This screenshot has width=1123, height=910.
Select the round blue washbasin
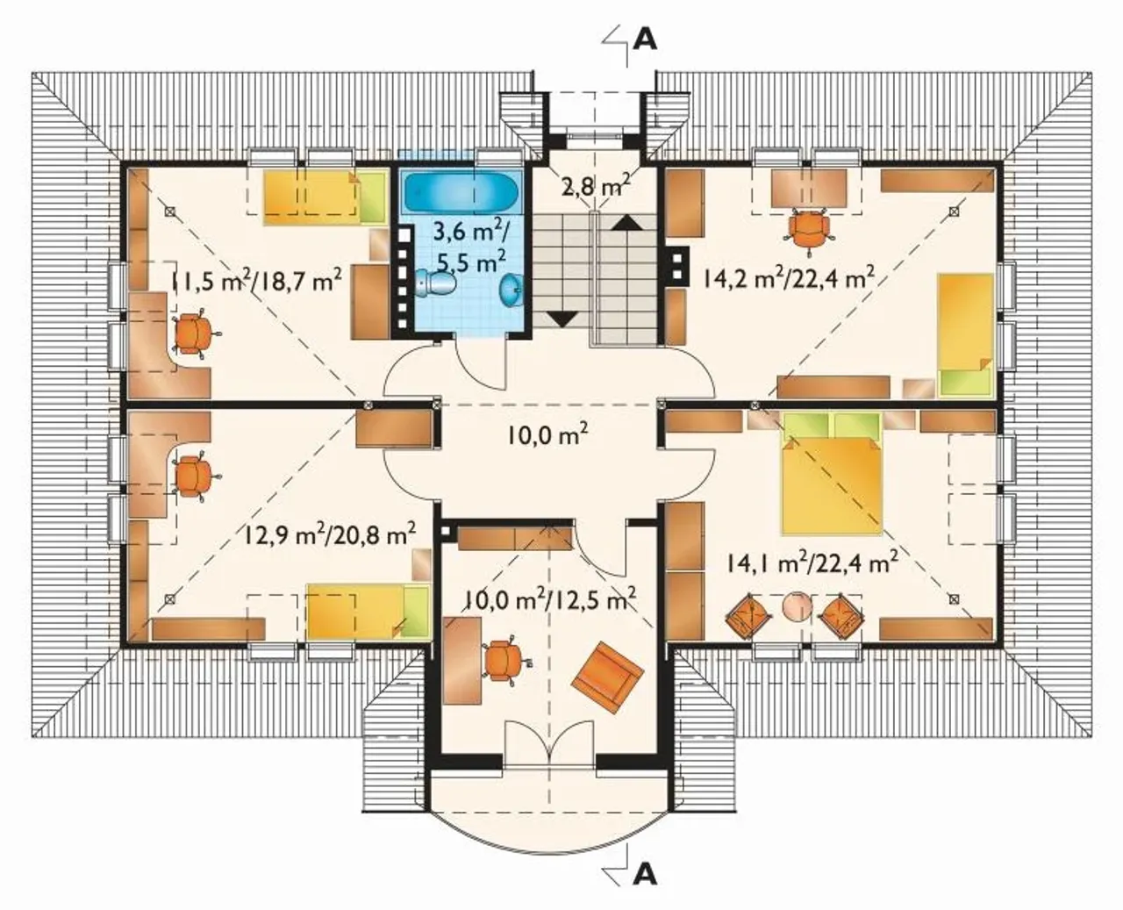(511, 290)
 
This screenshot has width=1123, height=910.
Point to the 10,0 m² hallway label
(547, 435)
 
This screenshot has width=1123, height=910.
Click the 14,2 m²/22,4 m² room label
(785, 276)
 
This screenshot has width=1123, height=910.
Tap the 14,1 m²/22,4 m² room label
(812, 564)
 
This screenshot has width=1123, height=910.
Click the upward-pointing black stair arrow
(626, 223)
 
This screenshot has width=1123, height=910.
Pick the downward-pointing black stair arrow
(562, 319)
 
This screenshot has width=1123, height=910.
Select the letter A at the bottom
(645, 875)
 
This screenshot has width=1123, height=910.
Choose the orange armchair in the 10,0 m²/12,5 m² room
(607, 677)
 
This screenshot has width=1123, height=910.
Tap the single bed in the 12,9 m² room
(368, 611)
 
